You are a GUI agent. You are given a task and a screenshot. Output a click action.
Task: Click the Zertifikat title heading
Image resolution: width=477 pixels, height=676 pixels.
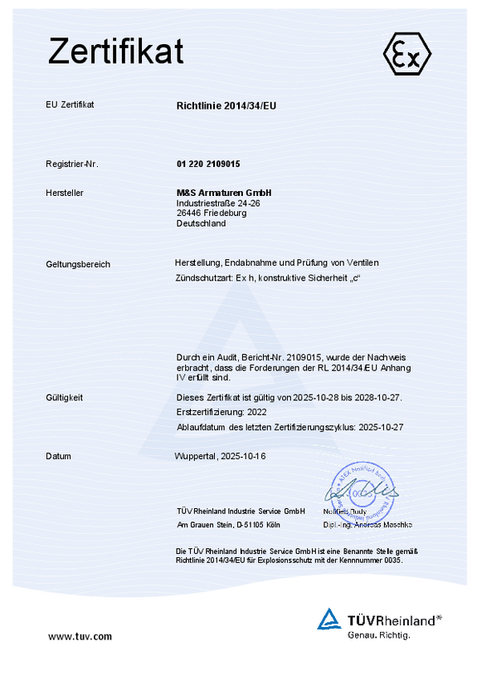click(115, 51)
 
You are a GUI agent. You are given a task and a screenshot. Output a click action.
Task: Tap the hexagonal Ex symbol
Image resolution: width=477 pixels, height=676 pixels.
click(406, 56)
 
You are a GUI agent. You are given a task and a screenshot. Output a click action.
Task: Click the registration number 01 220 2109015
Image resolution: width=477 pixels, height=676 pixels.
click(208, 164)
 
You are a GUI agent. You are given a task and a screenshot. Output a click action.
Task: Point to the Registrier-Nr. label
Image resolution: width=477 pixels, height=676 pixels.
click(72, 164)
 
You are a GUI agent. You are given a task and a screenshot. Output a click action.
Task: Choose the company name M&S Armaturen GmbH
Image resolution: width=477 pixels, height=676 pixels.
click(224, 193)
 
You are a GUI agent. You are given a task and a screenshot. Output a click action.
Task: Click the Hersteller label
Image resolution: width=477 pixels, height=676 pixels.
click(65, 193)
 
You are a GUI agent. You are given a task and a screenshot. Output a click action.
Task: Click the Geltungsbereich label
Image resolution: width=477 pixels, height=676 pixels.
click(78, 264)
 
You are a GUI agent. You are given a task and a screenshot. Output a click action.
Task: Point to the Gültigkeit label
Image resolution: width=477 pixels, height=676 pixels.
click(65, 398)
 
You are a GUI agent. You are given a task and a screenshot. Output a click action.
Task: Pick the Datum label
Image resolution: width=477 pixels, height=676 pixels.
click(58, 456)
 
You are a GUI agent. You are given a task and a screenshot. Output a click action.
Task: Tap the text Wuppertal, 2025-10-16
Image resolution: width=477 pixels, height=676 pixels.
click(221, 456)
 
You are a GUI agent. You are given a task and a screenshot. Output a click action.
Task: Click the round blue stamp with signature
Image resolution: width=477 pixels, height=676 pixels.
click(362, 492)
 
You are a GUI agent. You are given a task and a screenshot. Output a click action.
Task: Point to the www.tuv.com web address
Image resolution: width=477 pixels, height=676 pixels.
click(80, 636)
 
